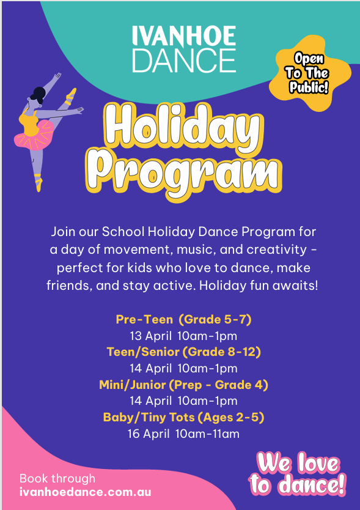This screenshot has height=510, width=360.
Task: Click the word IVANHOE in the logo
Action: [x=184, y=36]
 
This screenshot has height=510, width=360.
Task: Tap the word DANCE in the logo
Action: [x=184, y=61]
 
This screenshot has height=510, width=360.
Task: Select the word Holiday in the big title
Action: [x=183, y=129]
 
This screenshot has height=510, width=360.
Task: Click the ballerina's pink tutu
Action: [x=34, y=135]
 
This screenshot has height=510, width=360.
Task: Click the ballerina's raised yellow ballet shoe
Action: [x=70, y=96]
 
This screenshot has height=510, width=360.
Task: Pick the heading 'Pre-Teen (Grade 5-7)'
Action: [x=184, y=319]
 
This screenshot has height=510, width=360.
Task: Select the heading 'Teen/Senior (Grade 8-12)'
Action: [x=184, y=352]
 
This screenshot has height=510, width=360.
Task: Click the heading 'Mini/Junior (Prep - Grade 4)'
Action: [x=184, y=385]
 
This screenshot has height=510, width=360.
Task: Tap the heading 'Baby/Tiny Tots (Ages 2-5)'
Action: [x=184, y=417]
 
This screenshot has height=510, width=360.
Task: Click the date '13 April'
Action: [x=150, y=336]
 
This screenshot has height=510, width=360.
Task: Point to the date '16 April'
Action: [x=149, y=434]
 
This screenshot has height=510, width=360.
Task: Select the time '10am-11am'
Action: [x=207, y=434]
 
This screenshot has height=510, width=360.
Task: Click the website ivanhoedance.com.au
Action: [x=85, y=492]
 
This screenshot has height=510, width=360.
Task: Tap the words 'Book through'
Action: [x=57, y=478]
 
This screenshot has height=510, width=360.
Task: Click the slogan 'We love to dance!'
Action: [x=298, y=474]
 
